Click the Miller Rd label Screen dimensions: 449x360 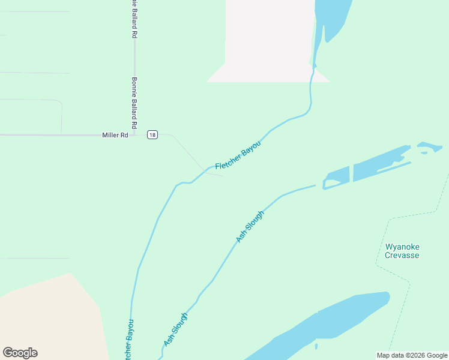point(115,135)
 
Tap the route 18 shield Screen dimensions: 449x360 point(152,135)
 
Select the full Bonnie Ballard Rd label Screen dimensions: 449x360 point(134,103)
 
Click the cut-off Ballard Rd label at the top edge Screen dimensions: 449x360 point(134,19)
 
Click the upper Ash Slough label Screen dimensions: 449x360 point(250,227)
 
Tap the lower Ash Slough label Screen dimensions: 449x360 point(176,329)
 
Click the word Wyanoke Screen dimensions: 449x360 point(402,247)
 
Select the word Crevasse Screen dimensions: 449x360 point(402,255)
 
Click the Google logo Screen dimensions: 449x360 point(20,353)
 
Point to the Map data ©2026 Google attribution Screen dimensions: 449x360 point(412,355)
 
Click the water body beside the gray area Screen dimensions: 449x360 point(330,18)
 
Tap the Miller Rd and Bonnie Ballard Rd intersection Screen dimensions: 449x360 point(134,135)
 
